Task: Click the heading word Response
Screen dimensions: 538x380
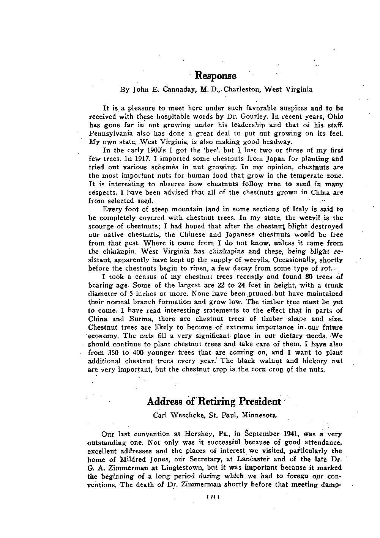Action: point(215,76)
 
